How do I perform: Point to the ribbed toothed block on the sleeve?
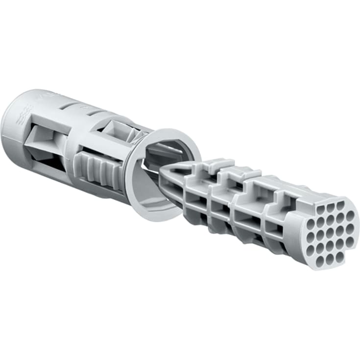click(x=100, y=169)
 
